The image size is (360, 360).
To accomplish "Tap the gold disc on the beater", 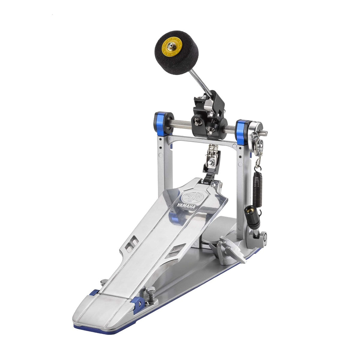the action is [x=171, y=50].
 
